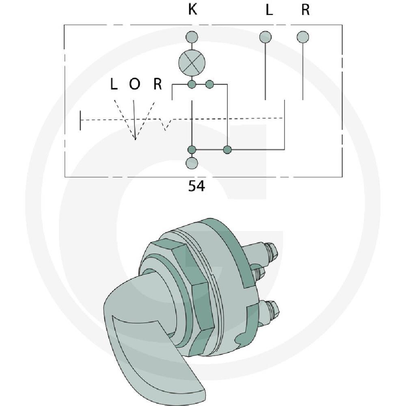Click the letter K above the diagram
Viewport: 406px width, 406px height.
click(192, 9)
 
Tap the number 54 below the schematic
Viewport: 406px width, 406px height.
click(197, 186)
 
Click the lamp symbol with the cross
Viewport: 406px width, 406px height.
click(192, 63)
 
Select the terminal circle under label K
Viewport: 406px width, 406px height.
click(192, 37)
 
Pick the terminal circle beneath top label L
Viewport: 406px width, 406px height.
click(266, 37)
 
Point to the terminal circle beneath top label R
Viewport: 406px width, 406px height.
click(303, 37)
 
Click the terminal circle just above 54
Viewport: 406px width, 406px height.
click(192, 163)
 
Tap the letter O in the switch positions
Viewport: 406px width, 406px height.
click(134, 84)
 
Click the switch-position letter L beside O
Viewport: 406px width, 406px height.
click(113, 84)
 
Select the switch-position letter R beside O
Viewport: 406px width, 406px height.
click(158, 84)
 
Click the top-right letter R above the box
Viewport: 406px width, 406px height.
click(306, 10)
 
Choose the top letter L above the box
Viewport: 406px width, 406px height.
click(269, 10)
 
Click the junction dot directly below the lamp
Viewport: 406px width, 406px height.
click(192, 84)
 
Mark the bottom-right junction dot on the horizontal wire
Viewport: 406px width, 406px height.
click(227, 149)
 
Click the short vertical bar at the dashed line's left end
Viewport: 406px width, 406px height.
click(80, 121)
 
